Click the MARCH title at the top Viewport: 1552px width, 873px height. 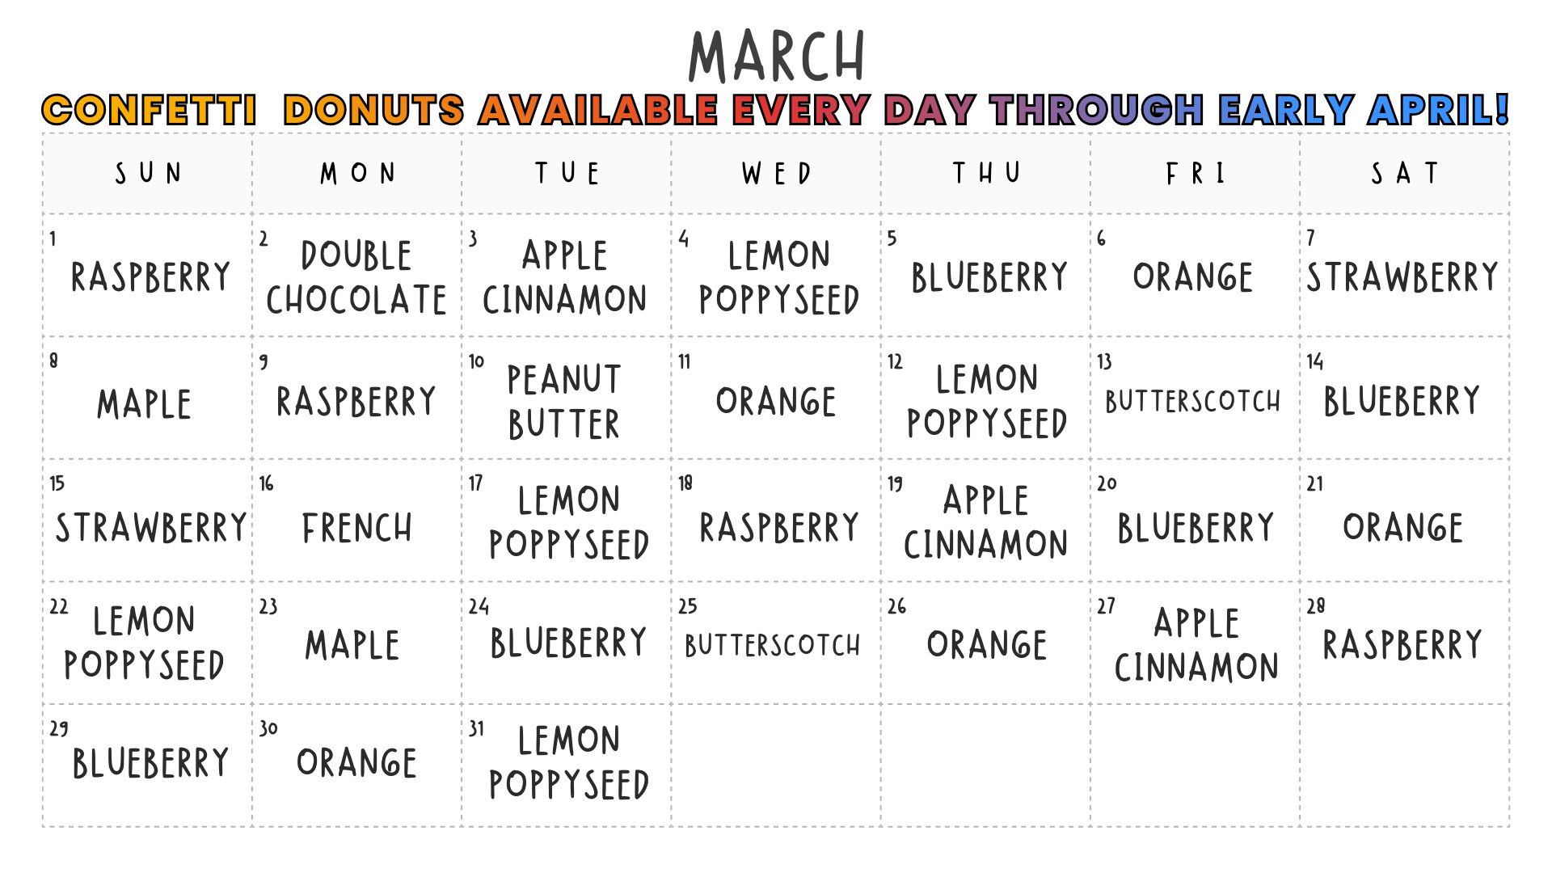click(x=776, y=56)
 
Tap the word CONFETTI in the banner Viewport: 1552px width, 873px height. click(x=150, y=110)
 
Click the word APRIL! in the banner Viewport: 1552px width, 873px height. click(x=1438, y=110)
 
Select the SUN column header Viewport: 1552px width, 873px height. click(x=149, y=173)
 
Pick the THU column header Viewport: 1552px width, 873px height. click(x=986, y=173)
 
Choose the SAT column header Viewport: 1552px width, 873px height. click(x=1405, y=173)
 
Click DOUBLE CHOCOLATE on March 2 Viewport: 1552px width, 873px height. click(x=356, y=277)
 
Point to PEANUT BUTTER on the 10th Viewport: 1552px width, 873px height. click(x=564, y=402)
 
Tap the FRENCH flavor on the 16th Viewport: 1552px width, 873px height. click(x=357, y=528)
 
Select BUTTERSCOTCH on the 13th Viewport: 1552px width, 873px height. click(x=1193, y=401)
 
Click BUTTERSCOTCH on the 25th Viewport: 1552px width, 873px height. click(x=773, y=645)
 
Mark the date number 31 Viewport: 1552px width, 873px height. click(x=477, y=728)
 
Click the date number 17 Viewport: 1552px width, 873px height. click(x=475, y=483)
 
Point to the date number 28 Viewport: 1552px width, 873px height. click(x=1316, y=605)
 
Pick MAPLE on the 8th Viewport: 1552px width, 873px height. click(x=145, y=403)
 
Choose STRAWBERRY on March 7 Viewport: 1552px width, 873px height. click(x=1402, y=277)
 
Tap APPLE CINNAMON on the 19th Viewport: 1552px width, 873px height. click(x=986, y=522)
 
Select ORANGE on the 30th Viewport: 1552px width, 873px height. click(x=356, y=762)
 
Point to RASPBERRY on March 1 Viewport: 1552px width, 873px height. click(x=150, y=277)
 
